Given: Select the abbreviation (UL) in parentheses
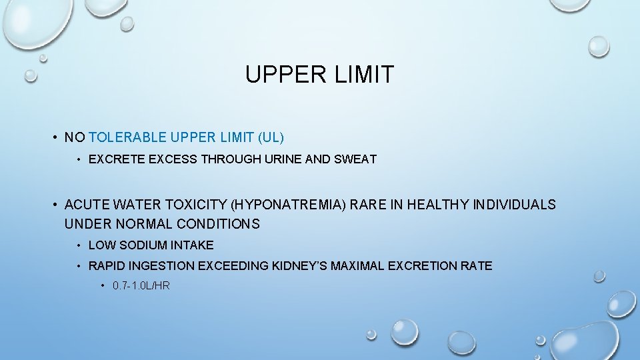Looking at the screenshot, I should click(270, 138).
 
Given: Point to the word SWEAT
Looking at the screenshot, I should click(358, 159).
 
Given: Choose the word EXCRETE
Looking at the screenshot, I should click(111, 159).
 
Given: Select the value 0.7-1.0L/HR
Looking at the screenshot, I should click(141, 286).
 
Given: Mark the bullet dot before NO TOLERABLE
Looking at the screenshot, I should click(53, 138).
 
